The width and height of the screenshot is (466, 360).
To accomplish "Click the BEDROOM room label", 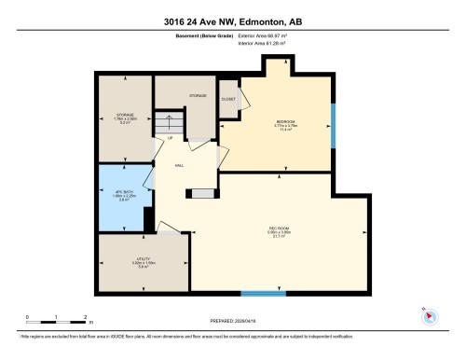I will (286, 122).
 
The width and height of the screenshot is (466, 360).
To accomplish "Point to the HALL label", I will (178, 165).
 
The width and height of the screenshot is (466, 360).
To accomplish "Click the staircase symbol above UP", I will (168, 123).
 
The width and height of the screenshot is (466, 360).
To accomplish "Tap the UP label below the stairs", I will (170, 140).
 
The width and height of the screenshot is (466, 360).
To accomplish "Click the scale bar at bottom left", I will (56, 322).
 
